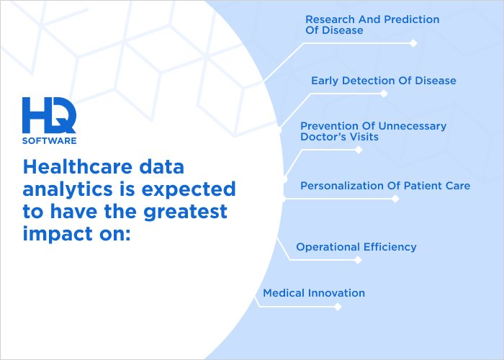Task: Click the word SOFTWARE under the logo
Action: (x=49, y=140)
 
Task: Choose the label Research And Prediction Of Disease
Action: (x=372, y=25)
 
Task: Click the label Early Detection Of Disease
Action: (x=383, y=81)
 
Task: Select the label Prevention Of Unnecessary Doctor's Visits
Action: (x=373, y=131)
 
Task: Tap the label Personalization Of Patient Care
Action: (x=384, y=186)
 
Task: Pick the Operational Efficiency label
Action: (x=356, y=247)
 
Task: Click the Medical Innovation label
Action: (x=313, y=293)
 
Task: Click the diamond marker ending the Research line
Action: (x=413, y=43)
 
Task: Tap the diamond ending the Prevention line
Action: (x=359, y=150)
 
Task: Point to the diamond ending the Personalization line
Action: (x=396, y=199)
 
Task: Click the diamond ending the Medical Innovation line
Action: (x=337, y=307)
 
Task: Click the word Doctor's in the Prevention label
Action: (x=323, y=137)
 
